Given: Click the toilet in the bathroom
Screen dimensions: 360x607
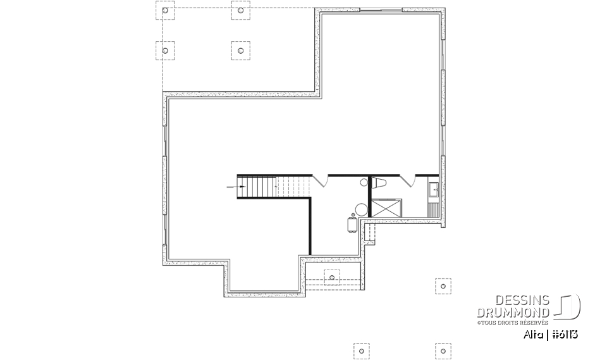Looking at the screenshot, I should (381, 183).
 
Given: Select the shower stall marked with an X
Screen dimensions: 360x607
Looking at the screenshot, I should (385, 208).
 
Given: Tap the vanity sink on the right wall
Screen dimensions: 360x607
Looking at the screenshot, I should (434, 189).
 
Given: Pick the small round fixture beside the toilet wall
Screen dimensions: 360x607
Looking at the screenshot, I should (364, 182).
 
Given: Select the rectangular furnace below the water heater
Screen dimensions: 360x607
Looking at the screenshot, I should (352, 225).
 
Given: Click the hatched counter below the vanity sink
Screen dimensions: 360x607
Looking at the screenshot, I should (433, 208).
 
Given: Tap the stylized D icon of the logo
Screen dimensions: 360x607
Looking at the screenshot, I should (568, 307).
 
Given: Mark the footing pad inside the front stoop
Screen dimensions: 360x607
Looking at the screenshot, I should (332, 277).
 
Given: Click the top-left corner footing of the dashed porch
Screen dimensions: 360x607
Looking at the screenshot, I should (165, 11).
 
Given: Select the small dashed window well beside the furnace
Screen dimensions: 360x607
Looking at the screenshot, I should (370, 232).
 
